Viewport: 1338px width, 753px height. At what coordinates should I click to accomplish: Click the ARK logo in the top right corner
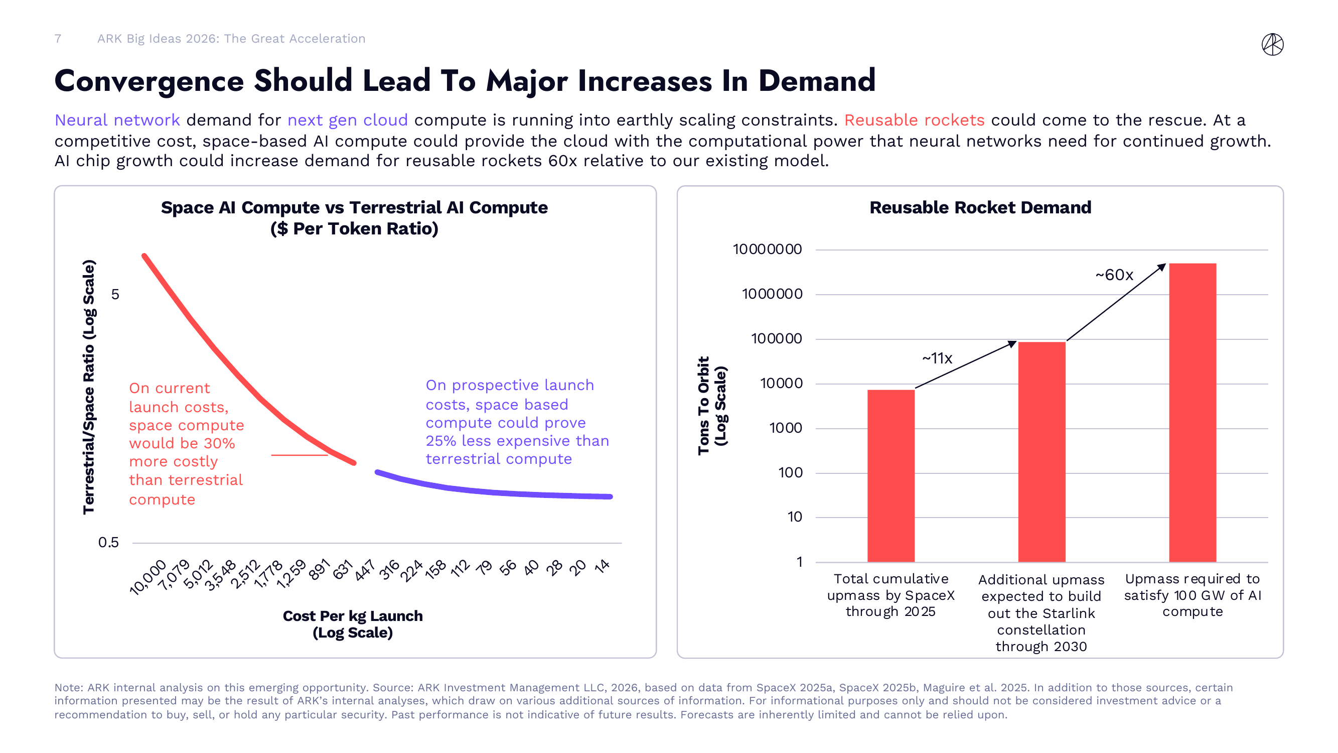(1272, 44)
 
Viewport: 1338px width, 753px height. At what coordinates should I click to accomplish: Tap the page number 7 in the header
(58, 39)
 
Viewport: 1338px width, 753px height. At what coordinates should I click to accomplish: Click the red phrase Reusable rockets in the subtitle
(914, 120)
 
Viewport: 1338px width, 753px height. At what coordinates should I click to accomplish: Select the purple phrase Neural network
(117, 120)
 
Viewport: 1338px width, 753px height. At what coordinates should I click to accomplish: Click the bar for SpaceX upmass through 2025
(891, 475)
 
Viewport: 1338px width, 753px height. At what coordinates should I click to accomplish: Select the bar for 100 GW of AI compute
(1192, 413)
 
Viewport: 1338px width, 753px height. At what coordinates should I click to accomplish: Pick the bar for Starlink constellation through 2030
(1042, 452)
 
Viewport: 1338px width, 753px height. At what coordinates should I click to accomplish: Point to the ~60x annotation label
(1114, 275)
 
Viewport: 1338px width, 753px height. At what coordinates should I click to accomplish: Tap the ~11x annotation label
(937, 358)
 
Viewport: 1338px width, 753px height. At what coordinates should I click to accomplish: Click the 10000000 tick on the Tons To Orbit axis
(767, 249)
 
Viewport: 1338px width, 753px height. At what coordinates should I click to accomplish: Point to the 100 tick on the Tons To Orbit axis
(790, 473)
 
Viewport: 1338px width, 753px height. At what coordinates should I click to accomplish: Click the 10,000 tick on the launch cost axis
(148, 577)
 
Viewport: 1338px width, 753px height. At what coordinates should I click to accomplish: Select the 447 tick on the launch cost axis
(365, 570)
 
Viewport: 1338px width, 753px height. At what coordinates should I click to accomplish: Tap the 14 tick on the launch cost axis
(602, 566)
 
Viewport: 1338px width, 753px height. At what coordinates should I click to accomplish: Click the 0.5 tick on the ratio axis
(108, 543)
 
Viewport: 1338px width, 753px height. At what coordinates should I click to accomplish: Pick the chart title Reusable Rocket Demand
(980, 207)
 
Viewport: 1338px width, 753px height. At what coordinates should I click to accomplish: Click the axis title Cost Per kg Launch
(353, 616)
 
